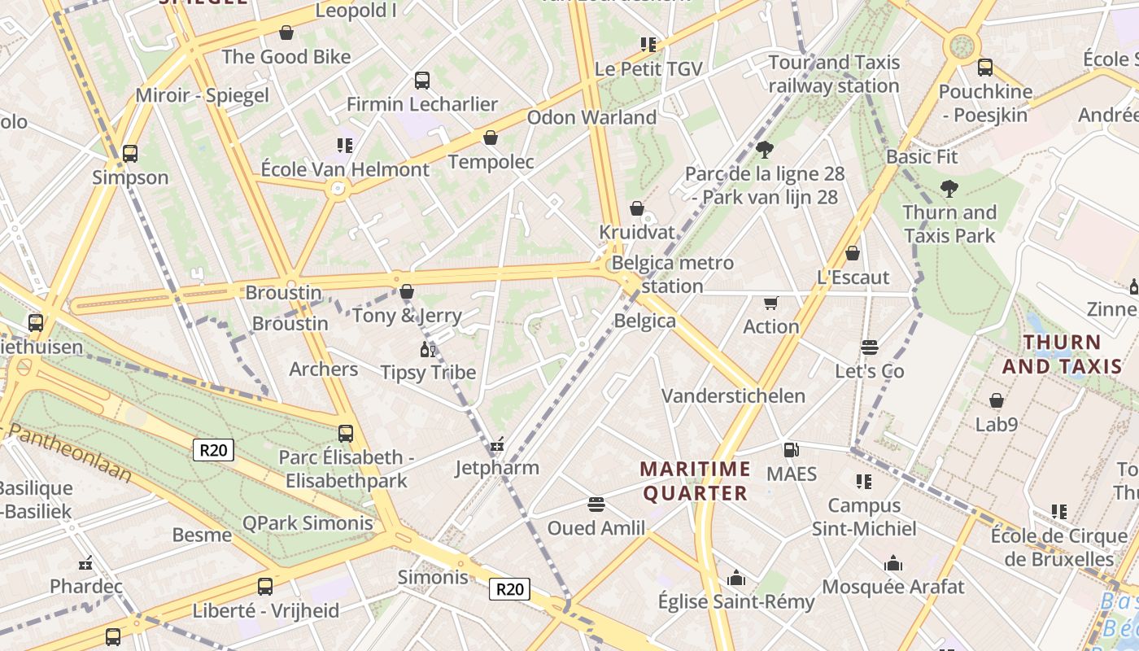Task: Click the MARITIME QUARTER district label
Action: (695, 481)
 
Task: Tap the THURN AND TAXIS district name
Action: (1062, 354)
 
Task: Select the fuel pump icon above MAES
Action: (790, 449)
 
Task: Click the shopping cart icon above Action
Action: (770, 303)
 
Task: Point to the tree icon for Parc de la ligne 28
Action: (764, 149)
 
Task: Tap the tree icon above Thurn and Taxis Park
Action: (949, 189)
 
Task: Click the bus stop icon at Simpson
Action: (129, 153)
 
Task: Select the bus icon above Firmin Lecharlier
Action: (421, 80)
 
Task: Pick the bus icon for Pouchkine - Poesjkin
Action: (984, 68)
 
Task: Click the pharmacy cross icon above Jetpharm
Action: (497, 444)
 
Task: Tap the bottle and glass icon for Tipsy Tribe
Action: (427, 349)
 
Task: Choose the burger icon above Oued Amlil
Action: (596, 505)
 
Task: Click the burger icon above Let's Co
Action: (869, 347)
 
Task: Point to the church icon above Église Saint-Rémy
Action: (736, 578)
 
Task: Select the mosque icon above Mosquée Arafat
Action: (893, 563)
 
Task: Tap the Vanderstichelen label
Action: (733, 396)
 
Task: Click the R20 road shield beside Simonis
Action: (509, 588)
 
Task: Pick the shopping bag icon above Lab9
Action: (996, 400)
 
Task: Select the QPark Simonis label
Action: (308, 523)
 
